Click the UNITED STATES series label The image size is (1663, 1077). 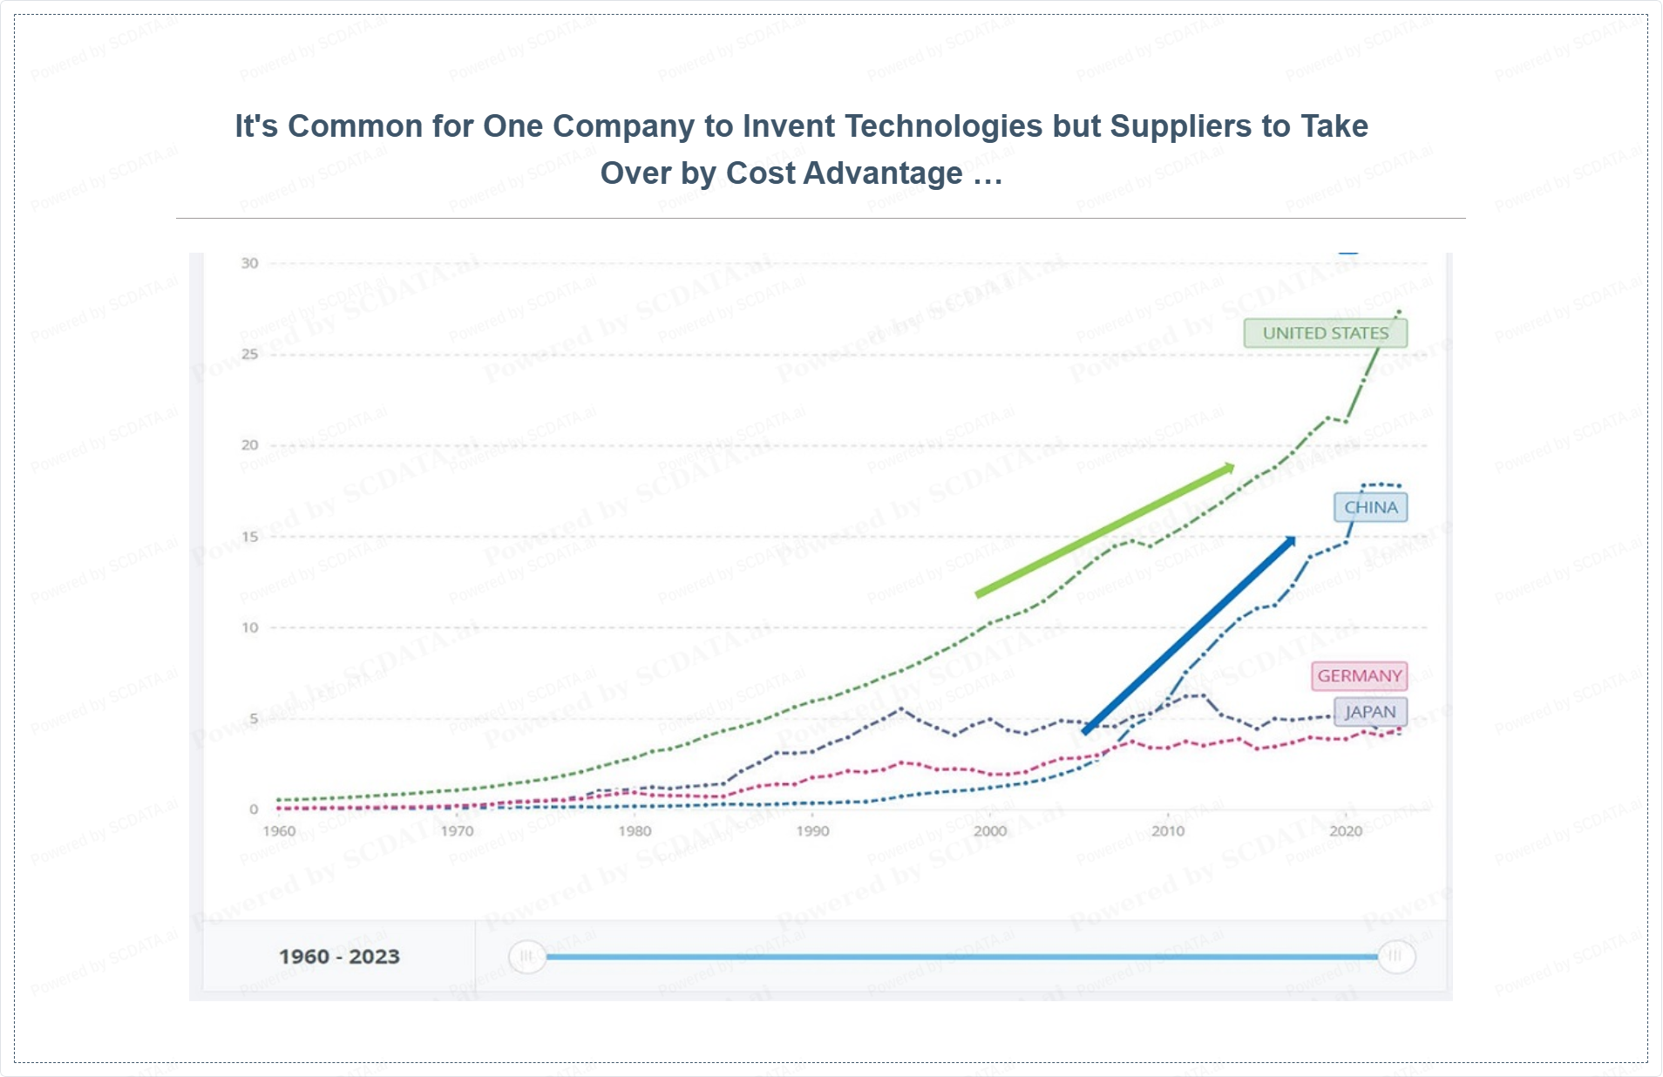1325,333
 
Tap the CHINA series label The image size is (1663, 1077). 1370,507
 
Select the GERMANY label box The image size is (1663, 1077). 1359,676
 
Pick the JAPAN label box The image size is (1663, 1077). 1370,712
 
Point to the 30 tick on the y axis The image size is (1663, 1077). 250,263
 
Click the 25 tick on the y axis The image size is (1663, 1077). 250,354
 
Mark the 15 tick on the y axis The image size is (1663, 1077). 250,537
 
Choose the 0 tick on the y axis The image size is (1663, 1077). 254,809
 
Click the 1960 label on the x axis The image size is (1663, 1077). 279,831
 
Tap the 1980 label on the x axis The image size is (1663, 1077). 635,831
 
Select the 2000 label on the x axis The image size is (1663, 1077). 990,831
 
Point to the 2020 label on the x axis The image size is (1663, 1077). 1346,831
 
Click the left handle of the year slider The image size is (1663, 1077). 526,957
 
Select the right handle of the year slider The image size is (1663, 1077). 1395,957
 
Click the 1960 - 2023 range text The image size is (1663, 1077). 339,957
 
